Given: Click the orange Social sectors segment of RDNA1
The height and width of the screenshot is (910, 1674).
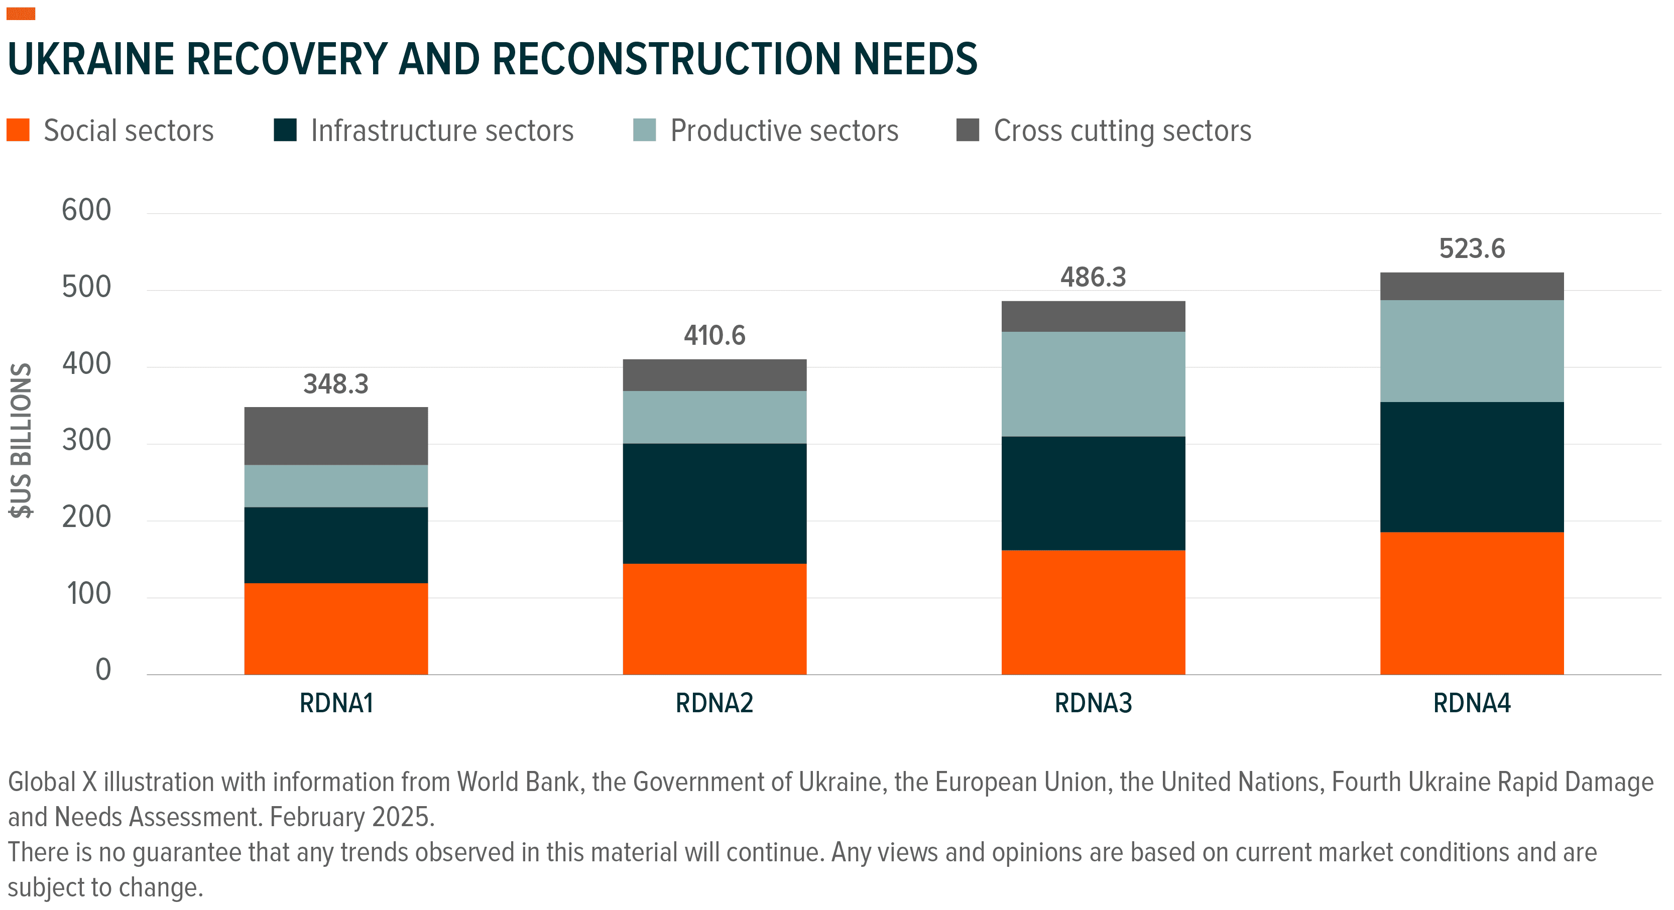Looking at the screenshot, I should point(336,628).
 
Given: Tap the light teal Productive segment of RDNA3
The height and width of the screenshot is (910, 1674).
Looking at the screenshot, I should point(1093,384).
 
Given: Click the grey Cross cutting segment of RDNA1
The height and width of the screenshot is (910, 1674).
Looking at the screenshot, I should point(336,436).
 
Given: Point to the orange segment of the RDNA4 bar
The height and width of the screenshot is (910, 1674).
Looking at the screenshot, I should point(1472,603).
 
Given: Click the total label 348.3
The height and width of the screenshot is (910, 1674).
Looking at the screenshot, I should point(336,384).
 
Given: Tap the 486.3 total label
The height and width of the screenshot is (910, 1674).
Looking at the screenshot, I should point(1093,278).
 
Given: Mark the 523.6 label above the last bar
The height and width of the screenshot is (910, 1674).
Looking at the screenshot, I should point(1472,249).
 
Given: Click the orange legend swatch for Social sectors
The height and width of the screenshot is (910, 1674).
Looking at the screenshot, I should point(18,130).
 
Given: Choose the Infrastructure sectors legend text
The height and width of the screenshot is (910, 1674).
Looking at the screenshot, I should point(442,131).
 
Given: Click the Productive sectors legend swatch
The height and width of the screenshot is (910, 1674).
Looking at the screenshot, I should point(644,130).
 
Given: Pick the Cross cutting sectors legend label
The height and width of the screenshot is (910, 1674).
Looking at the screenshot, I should point(1122,131).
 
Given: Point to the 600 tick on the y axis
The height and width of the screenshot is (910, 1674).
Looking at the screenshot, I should point(86,210).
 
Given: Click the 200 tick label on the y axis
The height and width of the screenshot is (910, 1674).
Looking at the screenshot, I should point(86,517).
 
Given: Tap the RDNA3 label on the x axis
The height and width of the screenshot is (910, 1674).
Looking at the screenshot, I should point(1093,703).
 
